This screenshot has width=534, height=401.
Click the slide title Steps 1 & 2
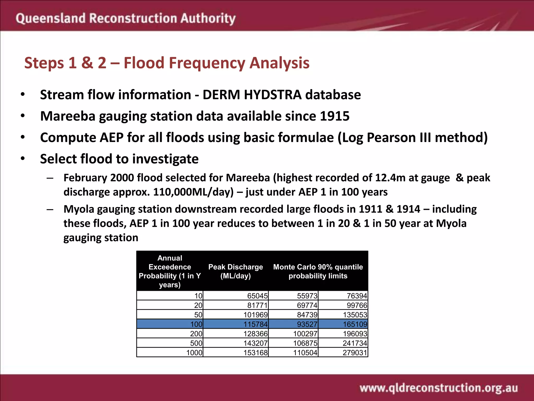point(167,63)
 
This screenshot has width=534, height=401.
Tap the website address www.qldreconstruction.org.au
point(439,388)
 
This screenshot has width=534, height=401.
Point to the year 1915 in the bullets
point(335,116)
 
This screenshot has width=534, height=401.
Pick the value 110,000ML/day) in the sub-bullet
point(193,192)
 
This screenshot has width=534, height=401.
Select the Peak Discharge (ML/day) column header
point(235,271)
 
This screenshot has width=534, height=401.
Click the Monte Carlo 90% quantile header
point(318,271)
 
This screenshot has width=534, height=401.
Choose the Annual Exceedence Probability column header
point(170,271)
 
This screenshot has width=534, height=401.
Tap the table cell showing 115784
point(255,324)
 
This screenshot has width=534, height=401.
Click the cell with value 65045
point(257,296)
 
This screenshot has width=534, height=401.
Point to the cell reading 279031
point(355,353)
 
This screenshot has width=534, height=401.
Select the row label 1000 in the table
point(194,353)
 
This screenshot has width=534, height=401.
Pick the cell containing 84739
point(307,315)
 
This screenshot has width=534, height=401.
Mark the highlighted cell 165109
point(355,324)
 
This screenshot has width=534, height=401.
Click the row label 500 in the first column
point(196,343)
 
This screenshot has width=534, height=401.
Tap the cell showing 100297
point(305,334)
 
